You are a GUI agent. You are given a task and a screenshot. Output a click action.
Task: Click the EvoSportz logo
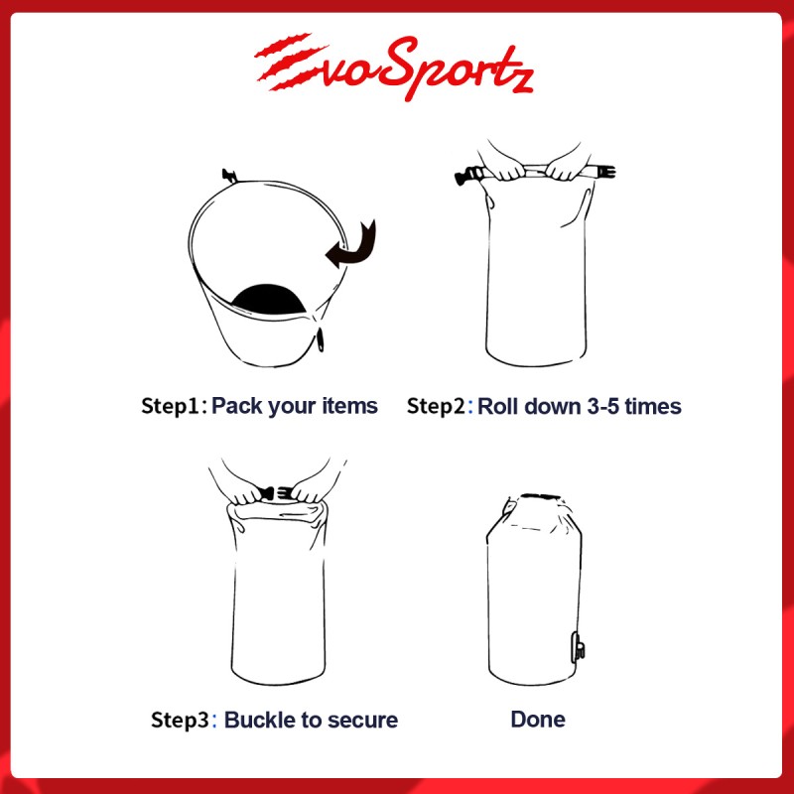393,66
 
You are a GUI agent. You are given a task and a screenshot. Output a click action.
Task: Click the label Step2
436,406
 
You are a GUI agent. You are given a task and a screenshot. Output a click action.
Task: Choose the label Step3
180,720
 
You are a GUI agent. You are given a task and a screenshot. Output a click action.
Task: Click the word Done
538,719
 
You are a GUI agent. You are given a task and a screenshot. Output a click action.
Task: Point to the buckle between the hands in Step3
277,492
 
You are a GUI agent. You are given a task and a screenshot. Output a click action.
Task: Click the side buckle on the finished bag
579,647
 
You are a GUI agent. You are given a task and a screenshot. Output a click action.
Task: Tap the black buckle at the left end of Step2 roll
466,176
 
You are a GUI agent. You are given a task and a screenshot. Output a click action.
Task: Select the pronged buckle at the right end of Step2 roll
606,172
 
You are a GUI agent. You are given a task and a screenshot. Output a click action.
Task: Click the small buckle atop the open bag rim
229,177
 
